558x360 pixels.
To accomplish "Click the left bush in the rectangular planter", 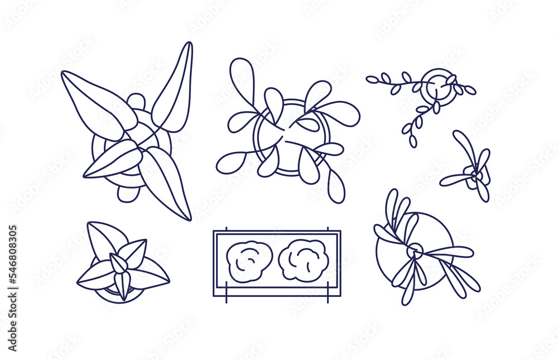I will (249, 261).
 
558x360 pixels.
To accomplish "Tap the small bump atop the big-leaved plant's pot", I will (136, 102).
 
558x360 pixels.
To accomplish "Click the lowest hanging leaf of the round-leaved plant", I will (335, 185).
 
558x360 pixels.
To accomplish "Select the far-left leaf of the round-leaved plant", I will (230, 162).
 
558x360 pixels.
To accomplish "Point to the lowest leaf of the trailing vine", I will (412, 142).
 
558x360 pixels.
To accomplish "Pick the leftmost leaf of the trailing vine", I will (372, 80).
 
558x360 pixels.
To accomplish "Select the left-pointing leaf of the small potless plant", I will (455, 180).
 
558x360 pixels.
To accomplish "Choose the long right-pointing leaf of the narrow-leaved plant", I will (449, 252).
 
